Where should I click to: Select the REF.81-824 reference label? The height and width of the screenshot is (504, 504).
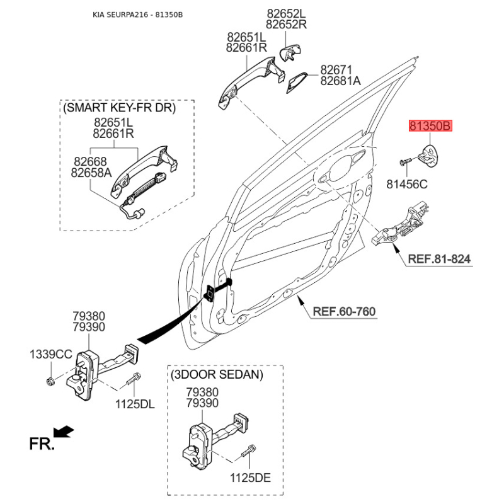(438, 259)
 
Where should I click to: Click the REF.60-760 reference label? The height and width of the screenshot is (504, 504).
(345, 311)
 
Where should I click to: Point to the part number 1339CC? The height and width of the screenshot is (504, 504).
(51, 354)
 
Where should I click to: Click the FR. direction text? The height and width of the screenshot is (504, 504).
(42, 445)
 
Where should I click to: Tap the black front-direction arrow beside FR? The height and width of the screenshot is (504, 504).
(64, 432)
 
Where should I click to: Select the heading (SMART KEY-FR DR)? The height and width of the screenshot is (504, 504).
(119, 108)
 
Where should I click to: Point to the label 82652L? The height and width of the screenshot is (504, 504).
(285, 13)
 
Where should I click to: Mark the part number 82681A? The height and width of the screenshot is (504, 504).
(340, 81)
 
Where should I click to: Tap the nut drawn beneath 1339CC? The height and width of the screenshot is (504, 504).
(50, 381)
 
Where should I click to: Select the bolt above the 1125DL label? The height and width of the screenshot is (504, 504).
(134, 381)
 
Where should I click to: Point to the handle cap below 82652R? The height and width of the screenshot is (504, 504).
(290, 53)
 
